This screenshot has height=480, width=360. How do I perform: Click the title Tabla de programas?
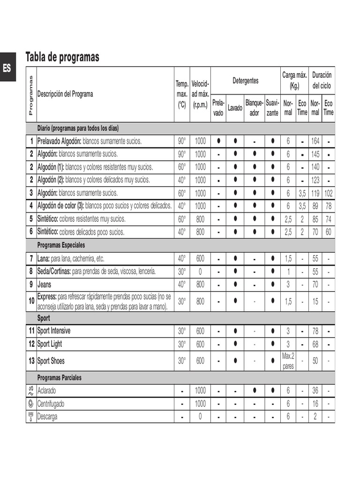coord(62,57)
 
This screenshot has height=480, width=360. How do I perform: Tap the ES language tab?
coord(7,67)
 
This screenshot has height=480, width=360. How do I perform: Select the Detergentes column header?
coord(245,81)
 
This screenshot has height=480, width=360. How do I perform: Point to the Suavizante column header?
coord(272,107)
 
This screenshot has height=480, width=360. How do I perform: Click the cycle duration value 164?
coord(315,141)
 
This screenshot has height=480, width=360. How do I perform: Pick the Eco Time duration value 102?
coord(329,193)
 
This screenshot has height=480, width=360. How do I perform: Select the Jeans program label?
coord(45,284)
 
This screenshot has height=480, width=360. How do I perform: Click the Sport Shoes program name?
coord(51,361)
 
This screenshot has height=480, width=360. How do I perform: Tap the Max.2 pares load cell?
coord(288,361)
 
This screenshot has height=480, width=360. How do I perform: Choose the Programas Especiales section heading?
coord(61,245)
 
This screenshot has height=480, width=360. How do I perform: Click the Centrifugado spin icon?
coord(31,404)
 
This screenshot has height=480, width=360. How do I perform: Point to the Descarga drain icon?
coord(31,416)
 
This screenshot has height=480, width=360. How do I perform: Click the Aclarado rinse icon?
coord(31,390)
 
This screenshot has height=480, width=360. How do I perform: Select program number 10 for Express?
coord(31,301)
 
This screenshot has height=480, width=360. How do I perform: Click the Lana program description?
coord(70,258)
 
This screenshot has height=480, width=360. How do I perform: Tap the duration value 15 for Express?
coord(315,301)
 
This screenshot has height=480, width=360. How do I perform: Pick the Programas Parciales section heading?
coord(60,377)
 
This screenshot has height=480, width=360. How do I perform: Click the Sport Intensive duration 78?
coord(315,331)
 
